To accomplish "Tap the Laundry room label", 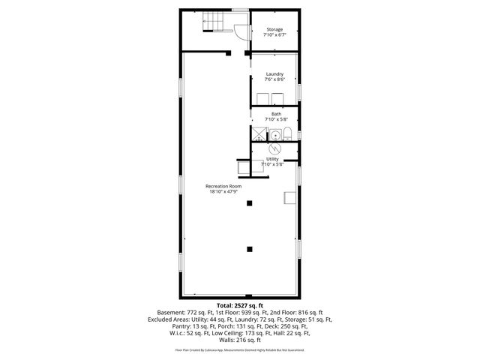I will click(x=274, y=73).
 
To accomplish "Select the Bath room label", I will click(x=276, y=114).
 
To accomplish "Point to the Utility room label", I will click(x=271, y=159).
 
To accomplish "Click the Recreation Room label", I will click(x=224, y=186).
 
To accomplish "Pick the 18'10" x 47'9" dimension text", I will click(x=224, y=192).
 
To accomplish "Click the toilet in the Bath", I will click(x=288, y=135).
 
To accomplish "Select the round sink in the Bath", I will click(x=274, y=135).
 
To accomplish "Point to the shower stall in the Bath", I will click(x=259, y=134).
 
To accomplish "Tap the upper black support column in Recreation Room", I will click(x=250, y=202).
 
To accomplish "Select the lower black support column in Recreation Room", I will click(x=250, y=248).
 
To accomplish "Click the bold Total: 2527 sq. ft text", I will click(x=239, y=305).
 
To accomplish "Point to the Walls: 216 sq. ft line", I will click(x=239, y=338).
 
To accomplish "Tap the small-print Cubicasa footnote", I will click(x=239, y=349).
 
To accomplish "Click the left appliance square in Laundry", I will click(x=262, y=99).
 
